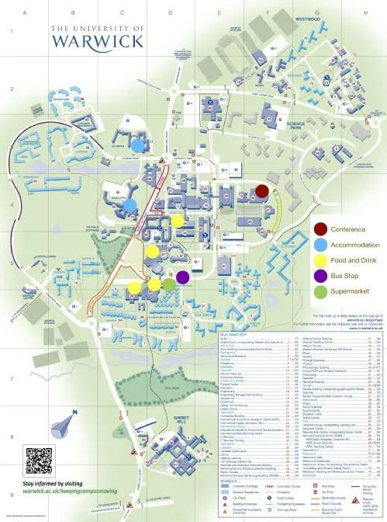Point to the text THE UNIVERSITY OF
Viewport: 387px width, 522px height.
click(98, 28)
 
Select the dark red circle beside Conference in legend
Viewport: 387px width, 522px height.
click(320, 229)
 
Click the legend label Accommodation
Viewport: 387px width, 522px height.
click(355, 244)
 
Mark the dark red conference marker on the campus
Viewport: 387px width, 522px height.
click(262, 191)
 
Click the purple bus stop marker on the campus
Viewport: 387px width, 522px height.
click(182, 277)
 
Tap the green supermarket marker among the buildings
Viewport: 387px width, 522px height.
click(169, 285)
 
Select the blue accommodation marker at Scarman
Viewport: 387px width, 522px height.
click(137, 144)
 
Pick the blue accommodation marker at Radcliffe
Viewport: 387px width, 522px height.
click(130, 205)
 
